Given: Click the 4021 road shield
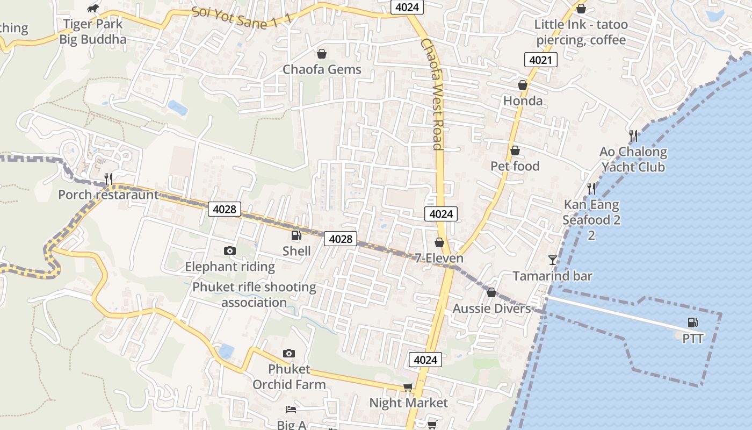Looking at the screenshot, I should [540, 60].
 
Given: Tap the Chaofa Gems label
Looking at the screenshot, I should [322, 69].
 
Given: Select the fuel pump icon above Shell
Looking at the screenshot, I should [296, 235].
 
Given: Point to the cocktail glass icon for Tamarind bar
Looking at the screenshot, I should [552, 261].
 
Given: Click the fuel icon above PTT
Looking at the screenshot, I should [693, 322].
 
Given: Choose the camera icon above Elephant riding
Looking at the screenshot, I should [229, 251].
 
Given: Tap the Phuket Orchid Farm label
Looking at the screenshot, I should [289, 377].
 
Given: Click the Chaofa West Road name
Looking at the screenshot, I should [432, 94].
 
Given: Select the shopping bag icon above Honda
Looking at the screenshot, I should [522, 85].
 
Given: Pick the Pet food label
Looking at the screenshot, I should [515, 166].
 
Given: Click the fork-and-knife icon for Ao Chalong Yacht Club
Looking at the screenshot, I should [633, 135].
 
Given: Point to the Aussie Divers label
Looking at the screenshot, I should [491, 309].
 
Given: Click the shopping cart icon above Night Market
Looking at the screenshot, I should [408, 388].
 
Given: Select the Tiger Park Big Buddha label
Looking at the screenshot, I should [93, 31].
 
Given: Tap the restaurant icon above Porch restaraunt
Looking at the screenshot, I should [109, 179].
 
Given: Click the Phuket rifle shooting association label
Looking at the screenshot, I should [254, 295].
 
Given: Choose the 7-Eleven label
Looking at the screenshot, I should [439, 259].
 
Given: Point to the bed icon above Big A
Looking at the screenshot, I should [291, 410].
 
